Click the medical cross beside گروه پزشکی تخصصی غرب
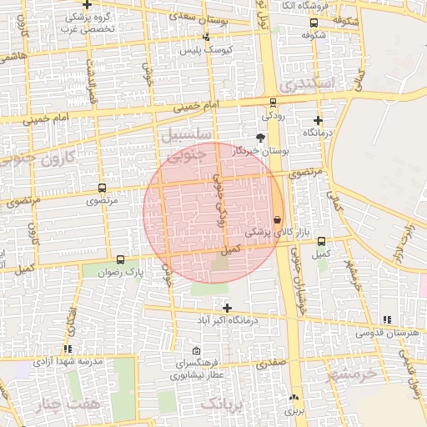pos(86,6)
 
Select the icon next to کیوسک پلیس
pos(206,37)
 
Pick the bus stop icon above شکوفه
pos(314,23)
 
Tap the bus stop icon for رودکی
pos(273,103)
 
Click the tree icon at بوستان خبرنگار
pos(261,138)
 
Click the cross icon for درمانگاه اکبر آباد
pos(227,308)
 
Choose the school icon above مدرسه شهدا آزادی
pos(67,349)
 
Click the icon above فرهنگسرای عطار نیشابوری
pos(197,350)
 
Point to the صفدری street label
pos(271,364)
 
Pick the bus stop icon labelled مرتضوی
pos(102,188)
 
